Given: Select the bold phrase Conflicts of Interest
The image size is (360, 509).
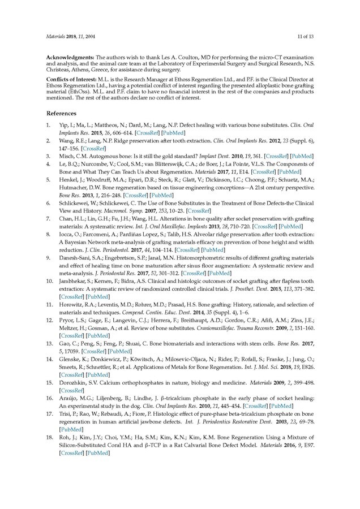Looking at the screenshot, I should pyautogui.click(x=71, y=80).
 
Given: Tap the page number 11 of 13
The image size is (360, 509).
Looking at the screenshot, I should pyautogui.click(x=306, y=37).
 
